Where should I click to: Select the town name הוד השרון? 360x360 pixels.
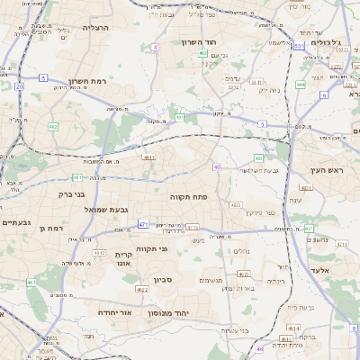click(x=199, y=42)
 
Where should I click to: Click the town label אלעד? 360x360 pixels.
click(x=319, y=270)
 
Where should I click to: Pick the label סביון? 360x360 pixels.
click(x=187, y=280)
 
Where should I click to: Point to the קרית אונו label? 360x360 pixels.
click(x=124, y=259)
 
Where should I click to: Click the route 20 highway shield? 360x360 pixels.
click(x=19, y=86)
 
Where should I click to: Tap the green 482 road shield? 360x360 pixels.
click(x=53, y=127)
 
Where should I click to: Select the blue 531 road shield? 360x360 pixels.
click(x=298, y=45)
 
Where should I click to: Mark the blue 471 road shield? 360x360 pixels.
click(x=143, y=223)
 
